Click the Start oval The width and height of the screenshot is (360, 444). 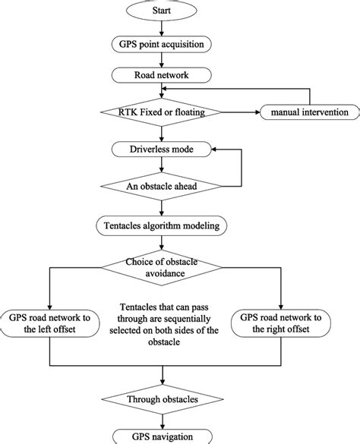click(x=161, y=11)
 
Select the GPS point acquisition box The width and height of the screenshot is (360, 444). click(x=161, y=44)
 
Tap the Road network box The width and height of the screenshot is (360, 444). click(x=161, y=75)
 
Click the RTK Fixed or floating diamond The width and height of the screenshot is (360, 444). click(x=161, y=112)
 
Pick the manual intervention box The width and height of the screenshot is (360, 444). click(x=310, y=112)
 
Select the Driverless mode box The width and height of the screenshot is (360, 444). click(x=161, y=150)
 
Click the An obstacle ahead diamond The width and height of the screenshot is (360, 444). click(x=161, y=186)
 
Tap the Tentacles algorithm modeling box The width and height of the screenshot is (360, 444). click(x=161, y=225)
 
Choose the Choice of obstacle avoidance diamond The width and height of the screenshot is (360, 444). click(x=161, y=268)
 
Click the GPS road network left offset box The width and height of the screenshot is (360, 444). click(x=49, y=323)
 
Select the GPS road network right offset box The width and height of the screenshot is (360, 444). click(x=280, y=323)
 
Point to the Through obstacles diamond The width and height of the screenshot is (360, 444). click(x=163, y=399)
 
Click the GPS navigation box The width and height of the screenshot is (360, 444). click(x=163, y=436)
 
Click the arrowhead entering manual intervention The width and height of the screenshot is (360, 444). click(x=257, y=112)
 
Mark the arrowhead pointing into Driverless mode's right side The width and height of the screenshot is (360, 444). click(x=214, y=150)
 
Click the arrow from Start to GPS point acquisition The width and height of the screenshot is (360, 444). click(x=161, y=28)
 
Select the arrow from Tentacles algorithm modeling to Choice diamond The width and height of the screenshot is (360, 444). click(x=161, y=243)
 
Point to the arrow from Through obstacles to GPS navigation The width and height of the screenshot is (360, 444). click(x=163, y=422)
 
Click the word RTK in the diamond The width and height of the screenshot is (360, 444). click(x=128, y=112)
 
